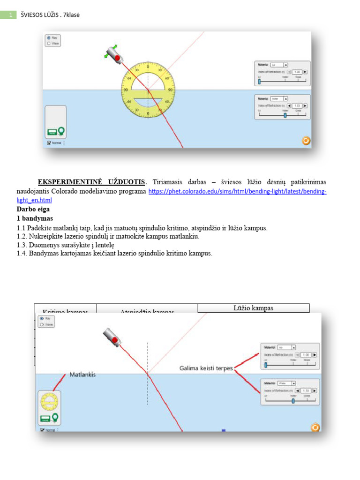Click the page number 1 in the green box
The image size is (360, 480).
9,15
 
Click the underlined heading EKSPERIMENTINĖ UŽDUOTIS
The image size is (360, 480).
92,182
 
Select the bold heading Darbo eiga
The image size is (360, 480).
33,210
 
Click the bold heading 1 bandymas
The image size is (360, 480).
35,218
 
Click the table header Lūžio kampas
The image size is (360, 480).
253,308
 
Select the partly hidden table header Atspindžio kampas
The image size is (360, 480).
147,311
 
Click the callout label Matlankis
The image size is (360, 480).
82,375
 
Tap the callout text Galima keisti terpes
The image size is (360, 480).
206,368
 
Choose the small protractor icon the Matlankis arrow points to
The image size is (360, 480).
49,402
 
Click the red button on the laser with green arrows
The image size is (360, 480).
118,58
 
